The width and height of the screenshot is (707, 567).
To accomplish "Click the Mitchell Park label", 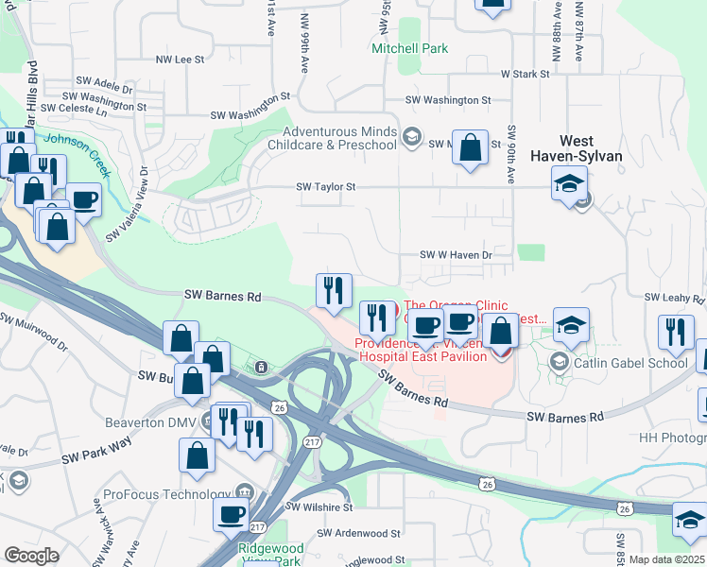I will [x=409, y=48].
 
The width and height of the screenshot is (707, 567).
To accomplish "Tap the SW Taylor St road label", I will [x=325, y=187].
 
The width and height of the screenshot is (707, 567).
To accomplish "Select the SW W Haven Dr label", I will [x=458, y=255].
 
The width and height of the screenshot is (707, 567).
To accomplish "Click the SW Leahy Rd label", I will [x=675, y=298].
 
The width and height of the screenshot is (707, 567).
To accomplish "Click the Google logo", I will [x=31, y=556].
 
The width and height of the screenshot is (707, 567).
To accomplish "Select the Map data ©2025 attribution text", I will [x=666, y=559].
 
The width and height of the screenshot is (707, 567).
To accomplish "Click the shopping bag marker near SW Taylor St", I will [x=470, y=147].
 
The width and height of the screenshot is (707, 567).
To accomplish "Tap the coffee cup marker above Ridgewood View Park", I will [x=232, y=515].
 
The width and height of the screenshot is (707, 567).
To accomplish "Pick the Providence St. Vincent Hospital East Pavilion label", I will [x=421, y=350].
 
